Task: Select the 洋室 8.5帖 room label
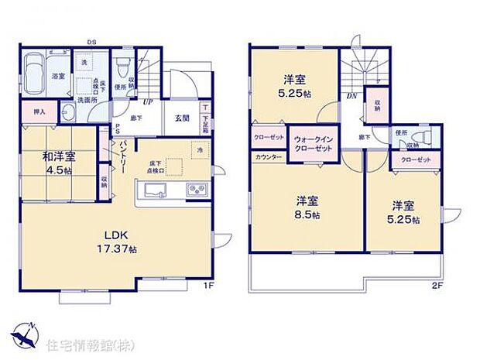(x=308, y=207)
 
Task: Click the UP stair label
(x=146, y=101)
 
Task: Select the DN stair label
(x=351, y=97)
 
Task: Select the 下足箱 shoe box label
(x=205, y=118)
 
